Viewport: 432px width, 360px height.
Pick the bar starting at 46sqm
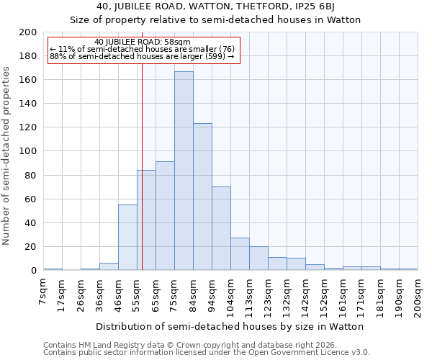tap(127, 238)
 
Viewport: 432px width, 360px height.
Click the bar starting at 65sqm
tap(165, 216)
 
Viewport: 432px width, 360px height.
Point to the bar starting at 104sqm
tap(240, 254)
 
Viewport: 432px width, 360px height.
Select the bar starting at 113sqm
tap(258, 258)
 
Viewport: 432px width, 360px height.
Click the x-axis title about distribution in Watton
tap(229, 326)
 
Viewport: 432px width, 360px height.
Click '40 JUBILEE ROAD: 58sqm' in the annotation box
tap(142, 42)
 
